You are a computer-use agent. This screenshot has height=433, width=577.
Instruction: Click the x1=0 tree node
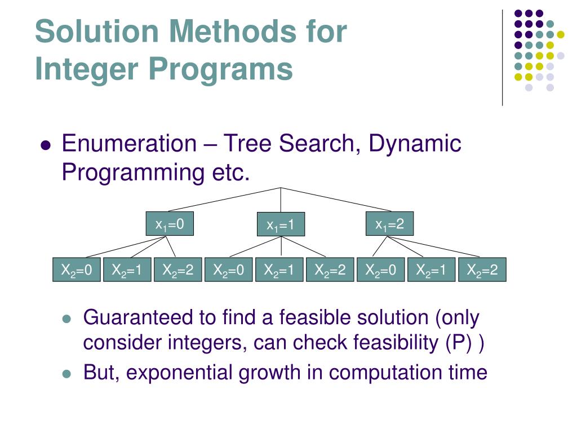(170, 224)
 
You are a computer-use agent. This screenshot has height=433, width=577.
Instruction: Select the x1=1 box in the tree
(281, 226)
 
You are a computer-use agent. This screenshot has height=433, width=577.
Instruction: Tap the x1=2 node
(390, 224)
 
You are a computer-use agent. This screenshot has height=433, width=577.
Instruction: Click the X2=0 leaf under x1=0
(76, 271)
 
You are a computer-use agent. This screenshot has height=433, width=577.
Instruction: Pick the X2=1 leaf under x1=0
(127, 271)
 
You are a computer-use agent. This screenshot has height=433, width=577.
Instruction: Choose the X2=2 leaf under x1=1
(330, 271)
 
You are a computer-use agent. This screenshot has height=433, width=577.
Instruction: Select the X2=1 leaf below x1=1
(279, 271)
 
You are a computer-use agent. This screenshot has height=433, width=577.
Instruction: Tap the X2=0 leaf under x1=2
(380, 271)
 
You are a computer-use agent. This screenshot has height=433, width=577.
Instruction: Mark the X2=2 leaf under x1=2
(482, 271)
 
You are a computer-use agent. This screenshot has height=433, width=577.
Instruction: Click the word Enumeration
(128, 144)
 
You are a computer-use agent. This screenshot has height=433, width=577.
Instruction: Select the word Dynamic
(415, 144)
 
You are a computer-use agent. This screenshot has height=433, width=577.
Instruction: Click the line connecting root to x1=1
(281, 200)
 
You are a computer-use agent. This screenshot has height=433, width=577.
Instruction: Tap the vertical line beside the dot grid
(502, 56)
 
